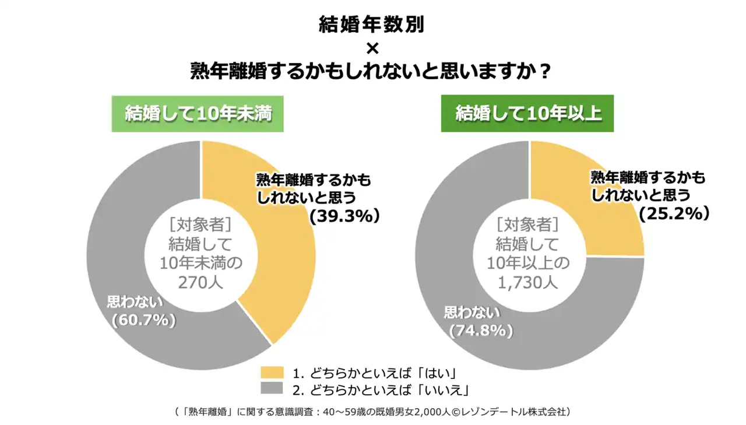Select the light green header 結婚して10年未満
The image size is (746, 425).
198,113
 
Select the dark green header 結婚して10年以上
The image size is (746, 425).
528,113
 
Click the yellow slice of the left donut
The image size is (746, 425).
286,262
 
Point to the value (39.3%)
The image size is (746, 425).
345,216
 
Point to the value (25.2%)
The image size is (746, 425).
674,214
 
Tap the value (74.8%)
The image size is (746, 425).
481,331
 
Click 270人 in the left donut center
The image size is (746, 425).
201,283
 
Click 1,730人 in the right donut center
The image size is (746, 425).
529,283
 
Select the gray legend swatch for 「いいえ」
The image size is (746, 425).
272,389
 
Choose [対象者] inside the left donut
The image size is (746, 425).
201,223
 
